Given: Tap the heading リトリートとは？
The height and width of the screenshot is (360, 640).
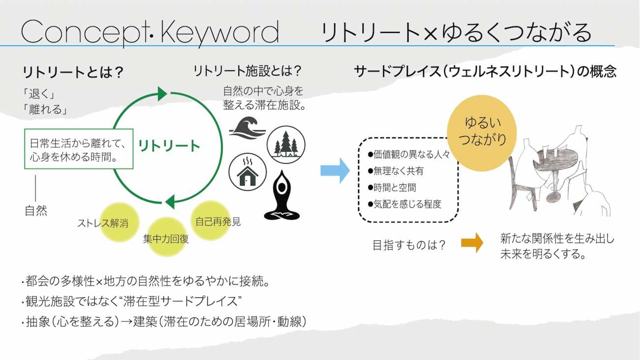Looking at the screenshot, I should coord(72,73).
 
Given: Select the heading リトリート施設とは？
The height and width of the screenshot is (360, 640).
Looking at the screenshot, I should coord(247,71).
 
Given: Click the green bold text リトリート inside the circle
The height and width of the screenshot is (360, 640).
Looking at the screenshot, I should coord(169,146).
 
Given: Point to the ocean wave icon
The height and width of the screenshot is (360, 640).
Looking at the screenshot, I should coord(248,129).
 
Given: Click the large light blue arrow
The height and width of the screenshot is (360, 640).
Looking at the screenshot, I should coord(335,170).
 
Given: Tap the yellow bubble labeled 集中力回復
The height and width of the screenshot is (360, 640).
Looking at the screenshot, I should coord(166,237).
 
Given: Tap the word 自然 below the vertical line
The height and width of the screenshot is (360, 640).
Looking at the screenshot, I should coord(36,211).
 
